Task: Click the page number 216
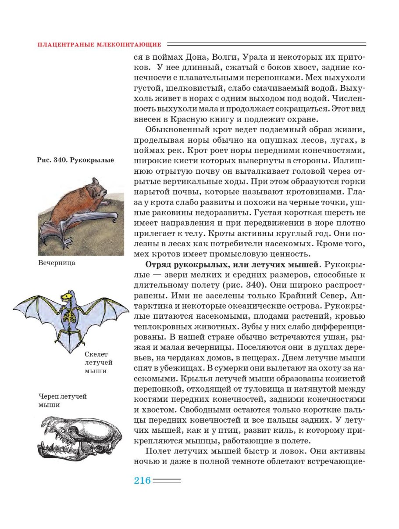pyautogui.click(x=142, y=480)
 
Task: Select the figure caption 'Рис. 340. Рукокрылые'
pyautogui.click(x=76, y=160)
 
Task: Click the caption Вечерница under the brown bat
pyautogui.click(x=57, y=263)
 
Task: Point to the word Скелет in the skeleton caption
pyautogui.click(x=95, y=354)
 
